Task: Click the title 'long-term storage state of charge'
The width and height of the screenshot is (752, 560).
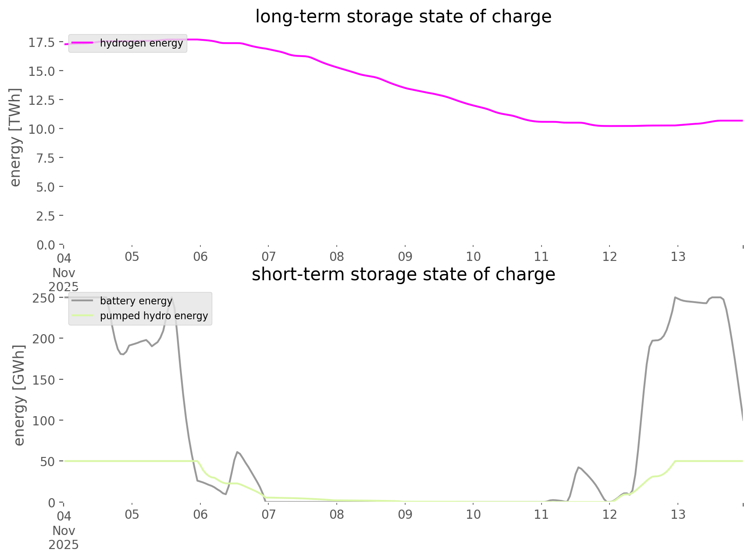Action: point(403,17)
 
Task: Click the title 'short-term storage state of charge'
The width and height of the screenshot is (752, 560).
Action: point(403,275)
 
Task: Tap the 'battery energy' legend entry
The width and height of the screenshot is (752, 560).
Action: point(136,301)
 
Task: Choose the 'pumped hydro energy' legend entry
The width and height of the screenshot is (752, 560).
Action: point(153,316)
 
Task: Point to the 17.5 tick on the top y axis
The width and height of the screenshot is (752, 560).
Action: point(42,43)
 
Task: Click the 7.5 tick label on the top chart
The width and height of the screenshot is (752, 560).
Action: point(46,158)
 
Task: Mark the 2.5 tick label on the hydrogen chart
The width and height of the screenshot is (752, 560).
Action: point(46,216)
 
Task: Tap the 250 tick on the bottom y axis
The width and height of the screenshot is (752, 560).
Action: point(43,298)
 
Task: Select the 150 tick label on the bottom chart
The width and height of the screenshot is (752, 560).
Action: point(43,380)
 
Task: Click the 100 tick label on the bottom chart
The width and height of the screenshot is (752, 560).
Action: point(43,421)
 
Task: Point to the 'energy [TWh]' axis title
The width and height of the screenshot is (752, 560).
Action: point(15,137)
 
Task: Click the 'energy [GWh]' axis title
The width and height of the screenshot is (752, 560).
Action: point(19,395)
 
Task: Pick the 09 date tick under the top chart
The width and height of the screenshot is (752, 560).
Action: point(405,257)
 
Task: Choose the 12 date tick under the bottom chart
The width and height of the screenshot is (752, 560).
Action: point(609,514)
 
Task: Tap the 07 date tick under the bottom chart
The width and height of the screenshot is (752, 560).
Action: point(268,514)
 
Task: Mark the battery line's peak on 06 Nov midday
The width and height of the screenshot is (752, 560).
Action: point(237,452)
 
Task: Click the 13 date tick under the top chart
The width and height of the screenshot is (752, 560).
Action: point(678,257)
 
